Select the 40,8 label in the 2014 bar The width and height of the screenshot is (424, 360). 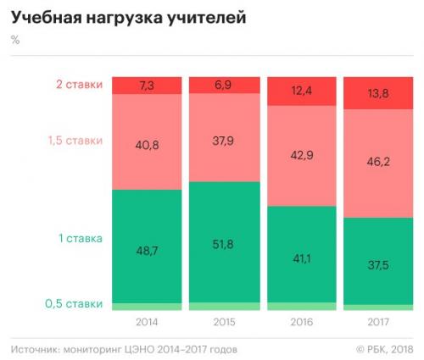(x=146, y=145)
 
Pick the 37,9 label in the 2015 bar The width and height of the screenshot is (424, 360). (x=224, y=141)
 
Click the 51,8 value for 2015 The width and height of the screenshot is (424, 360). (x=224, y=245)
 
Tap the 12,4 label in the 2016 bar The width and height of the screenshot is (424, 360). (x=302, y=91)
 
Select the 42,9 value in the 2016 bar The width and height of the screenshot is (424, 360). (x=302, y=156)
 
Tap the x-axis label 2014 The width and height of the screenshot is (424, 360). (x=146, y=322)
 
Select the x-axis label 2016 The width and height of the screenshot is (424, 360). (x=302, y=322)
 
